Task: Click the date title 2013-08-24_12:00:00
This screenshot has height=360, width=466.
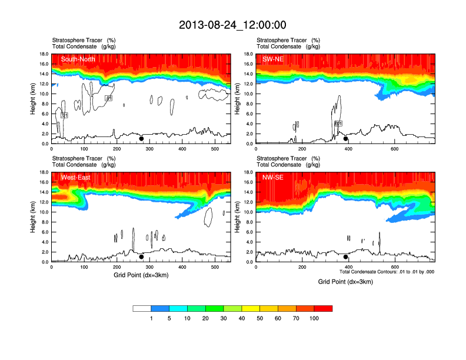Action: (x=232, y=25)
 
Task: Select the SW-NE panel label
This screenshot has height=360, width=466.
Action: (x=273, y=59)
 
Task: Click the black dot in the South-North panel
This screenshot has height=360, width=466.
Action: (x=141, y=139)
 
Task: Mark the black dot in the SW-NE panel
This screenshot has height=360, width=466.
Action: (x=346, y=139)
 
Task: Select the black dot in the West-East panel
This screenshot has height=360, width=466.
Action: (x=141, y=257)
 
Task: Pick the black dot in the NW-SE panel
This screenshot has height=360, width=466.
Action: (x=346, y=257)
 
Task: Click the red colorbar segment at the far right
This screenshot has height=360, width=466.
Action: (x=323, y=308)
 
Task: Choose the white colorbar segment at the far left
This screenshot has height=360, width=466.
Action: (x=142, y=308)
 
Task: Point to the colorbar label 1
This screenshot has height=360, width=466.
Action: (x=151, y=318)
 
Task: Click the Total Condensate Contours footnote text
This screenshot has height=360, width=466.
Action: (x=387, y=272)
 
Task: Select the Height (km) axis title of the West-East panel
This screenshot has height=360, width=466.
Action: (x=32, y=217)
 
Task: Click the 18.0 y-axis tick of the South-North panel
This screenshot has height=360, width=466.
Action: (x=44, y=54)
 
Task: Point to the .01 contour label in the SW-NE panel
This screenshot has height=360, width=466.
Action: (x=338, y=124)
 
